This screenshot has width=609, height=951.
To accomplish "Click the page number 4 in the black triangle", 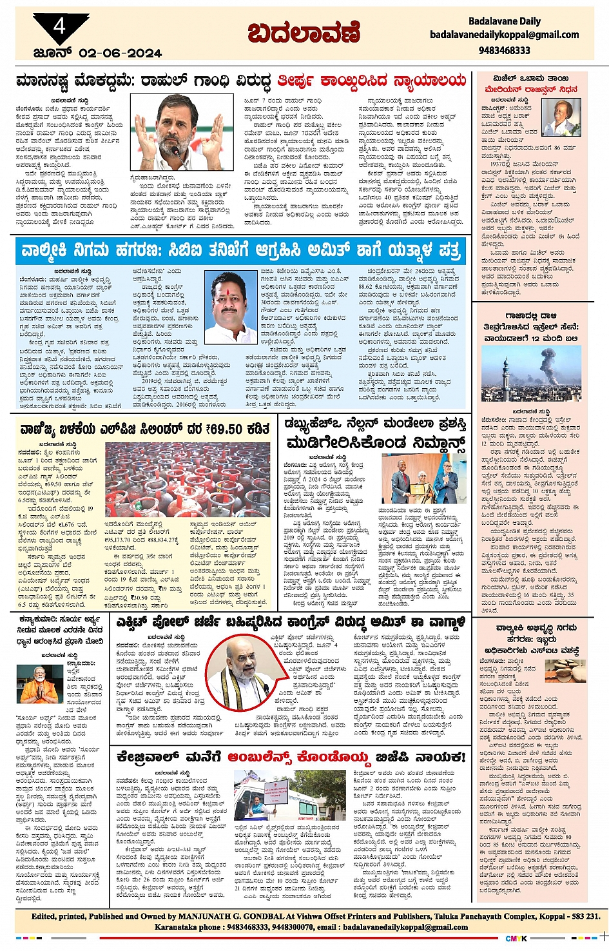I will (x=60, y=27).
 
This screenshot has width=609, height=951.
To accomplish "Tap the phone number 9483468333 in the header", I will (x=505, y=50).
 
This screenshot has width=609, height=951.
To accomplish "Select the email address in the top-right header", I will (x=505, y=35).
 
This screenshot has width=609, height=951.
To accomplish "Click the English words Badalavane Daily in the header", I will (x=505, y=21).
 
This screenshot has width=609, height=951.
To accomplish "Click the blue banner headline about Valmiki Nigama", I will (x=240, y=250).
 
